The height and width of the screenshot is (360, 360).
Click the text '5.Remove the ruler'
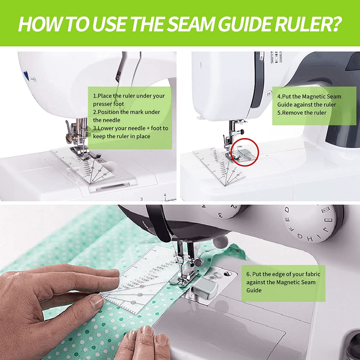point(301,112)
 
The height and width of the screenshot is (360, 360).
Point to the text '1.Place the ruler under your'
point(129,96)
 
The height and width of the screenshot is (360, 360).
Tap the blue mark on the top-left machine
point(25,75)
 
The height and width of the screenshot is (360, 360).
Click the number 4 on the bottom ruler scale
point(165,195)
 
